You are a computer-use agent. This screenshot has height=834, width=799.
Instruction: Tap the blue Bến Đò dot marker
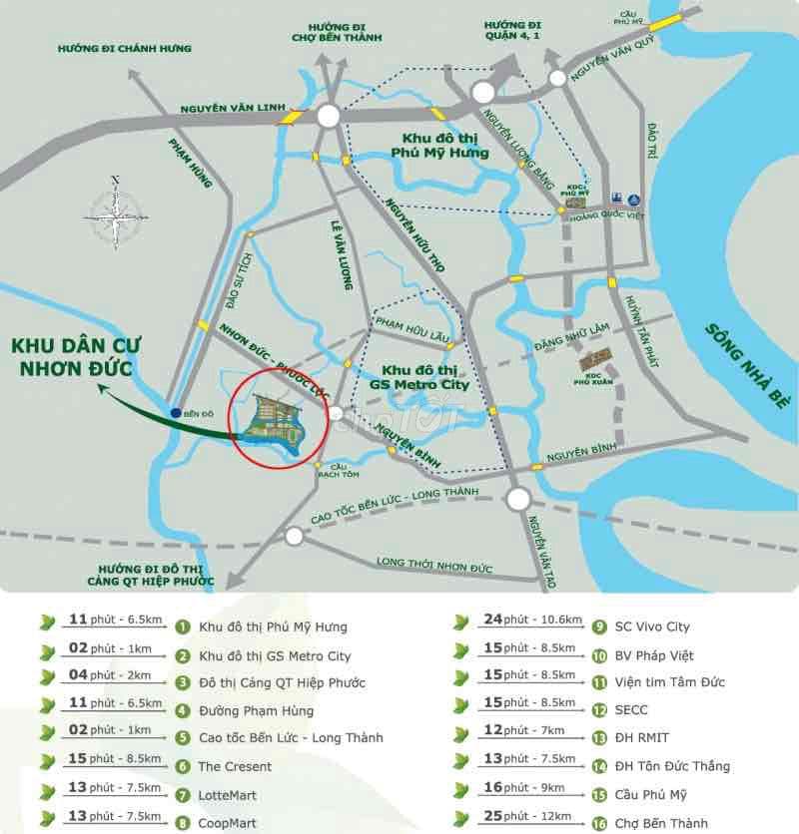pyautogui.click(x=176, y=412)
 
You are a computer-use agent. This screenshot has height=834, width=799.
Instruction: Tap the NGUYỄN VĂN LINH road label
pyautogui.click(x=233, y=108)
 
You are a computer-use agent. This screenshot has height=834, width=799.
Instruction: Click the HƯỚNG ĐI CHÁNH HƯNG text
pyautogui.click(x=124, y=48)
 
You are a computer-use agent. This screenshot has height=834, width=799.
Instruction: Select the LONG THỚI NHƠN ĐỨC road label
pyautogui.click(x=434, y=564)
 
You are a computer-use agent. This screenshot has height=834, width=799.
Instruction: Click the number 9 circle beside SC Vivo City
pyautogui.click(x=599, y=627)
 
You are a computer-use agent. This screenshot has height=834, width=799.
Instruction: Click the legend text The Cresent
pyautogui.click(x=235, y=766)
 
